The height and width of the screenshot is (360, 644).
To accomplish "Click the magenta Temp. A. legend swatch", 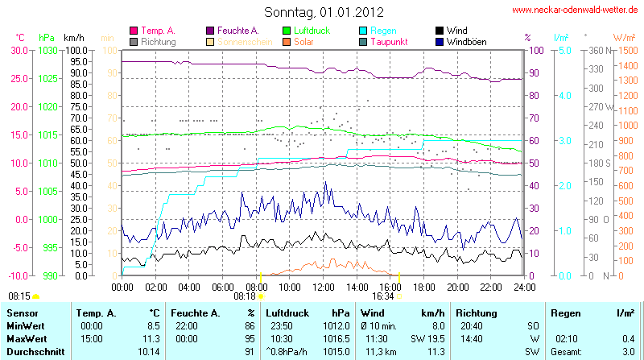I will (134, 31).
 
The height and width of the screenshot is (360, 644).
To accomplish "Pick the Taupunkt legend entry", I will (388, 41).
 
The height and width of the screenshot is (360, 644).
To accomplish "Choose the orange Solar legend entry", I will (303, 41).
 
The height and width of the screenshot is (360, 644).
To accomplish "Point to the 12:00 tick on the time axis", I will (324, 286).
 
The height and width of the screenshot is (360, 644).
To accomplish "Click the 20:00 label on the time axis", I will (458, 286).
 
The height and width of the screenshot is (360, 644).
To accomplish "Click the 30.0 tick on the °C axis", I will (17, 50).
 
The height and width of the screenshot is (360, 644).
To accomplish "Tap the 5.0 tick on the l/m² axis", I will (564, 50).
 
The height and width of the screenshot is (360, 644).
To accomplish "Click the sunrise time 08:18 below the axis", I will (245, 296).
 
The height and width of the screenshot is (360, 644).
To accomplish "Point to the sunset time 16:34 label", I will (383, 296).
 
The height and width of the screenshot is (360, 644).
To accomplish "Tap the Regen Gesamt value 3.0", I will (627, 352).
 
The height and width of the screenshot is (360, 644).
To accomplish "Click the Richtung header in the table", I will (477, 312).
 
